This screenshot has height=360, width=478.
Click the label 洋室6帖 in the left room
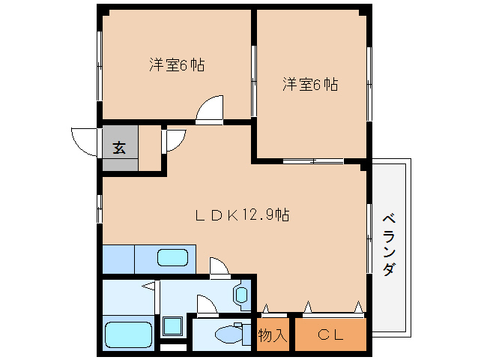click(x=177, y=64)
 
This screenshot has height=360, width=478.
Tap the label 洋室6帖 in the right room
click(x=310, y=84)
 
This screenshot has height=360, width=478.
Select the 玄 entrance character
click(x=119, y=147)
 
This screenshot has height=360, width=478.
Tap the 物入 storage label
click(x=273, y=334)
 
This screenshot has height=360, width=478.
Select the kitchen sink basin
click(x=172, y=259)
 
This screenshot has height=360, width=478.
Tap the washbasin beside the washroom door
click(x=243, y=295)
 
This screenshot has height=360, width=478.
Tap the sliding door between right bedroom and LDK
click(x=313, y=160)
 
